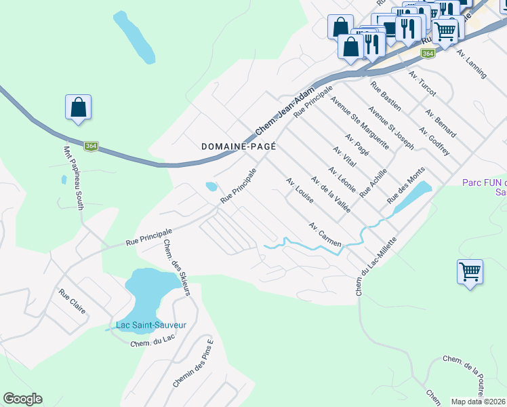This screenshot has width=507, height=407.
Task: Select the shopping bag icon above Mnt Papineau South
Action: (x=79, y=108)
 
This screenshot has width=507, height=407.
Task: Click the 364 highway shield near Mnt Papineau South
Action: (x=92, y=146)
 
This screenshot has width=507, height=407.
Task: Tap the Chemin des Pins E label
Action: (x=192, y=364)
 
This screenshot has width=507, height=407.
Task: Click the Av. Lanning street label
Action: (x=472, y=64)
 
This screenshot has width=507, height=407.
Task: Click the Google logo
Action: (x=22, y=399)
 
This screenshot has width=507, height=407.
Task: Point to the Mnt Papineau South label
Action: (x=73, y=178)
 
